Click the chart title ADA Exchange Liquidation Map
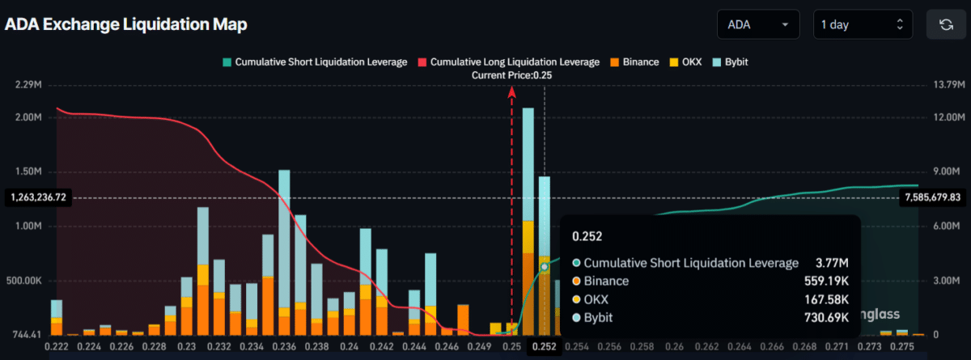126,24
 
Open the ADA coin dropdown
757,24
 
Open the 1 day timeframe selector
862,24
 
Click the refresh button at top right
946,24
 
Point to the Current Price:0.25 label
511,75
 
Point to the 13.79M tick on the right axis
946,84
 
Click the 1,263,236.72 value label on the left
38,197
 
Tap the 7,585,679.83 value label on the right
933,197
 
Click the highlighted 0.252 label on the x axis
544,346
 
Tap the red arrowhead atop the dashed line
511,91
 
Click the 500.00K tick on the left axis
27,281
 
